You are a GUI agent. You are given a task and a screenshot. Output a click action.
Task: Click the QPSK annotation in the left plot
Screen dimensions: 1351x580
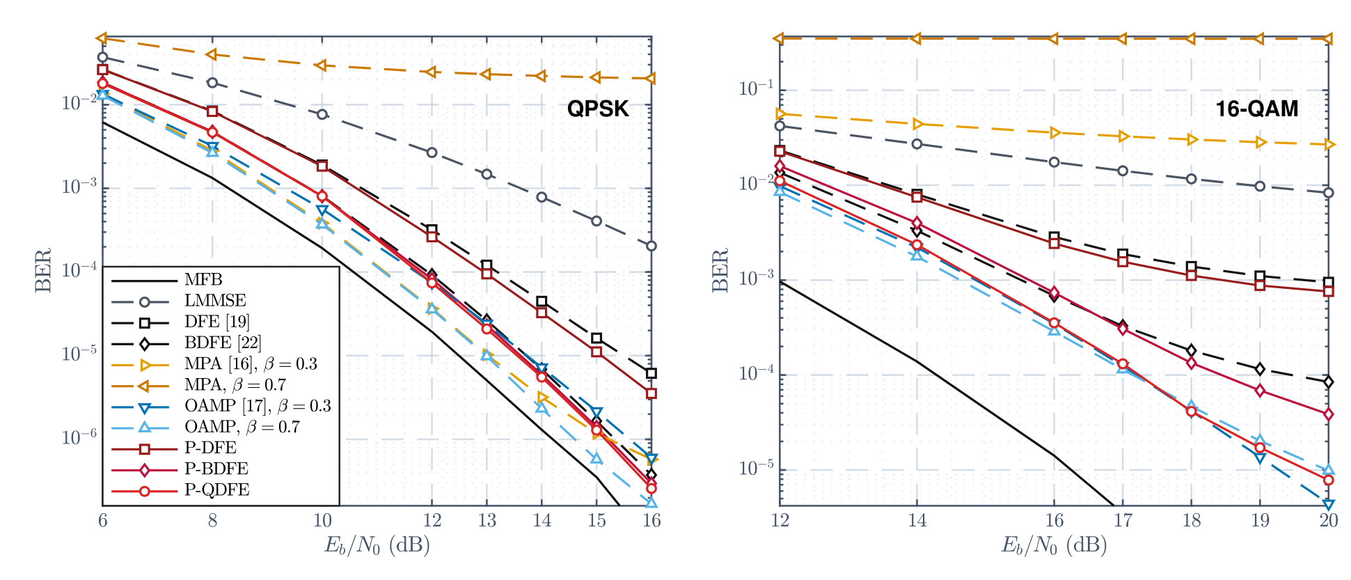click(x=598, y=109)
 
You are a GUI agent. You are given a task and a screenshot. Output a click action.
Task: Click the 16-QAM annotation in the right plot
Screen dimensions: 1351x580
click(x=1257, y=109)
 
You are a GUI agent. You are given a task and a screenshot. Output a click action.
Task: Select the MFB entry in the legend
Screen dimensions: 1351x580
click(x=203, y=280)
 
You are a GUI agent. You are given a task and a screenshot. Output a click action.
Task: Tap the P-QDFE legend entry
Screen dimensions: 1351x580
click(x=216, y=490)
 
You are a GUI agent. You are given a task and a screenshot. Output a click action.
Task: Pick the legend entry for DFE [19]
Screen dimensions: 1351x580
click(x=217, y=322)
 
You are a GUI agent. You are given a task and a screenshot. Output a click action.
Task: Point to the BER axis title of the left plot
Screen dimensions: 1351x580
click(x=43, y=270)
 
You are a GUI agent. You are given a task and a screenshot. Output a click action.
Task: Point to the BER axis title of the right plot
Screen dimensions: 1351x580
click(x=720, y=270)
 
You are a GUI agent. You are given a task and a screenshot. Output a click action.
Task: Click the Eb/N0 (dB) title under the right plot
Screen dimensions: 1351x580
click(x=1054, y=544)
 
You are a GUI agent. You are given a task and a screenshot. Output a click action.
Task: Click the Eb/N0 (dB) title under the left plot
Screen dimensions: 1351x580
click(x=377, y=544)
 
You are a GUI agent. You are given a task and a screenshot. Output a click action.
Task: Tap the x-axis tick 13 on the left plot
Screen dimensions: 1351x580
click(x=487, y=521)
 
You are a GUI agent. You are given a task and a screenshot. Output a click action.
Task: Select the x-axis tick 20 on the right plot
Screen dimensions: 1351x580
click(x=1329, y=521)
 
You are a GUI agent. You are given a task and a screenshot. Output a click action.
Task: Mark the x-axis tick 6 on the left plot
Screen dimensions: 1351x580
click(x=102, y=521)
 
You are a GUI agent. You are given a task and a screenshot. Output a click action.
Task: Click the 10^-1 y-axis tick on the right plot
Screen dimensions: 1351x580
click(x=756, y=88)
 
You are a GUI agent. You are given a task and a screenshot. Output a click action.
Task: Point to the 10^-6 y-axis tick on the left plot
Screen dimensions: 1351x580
click(x=79, y=437)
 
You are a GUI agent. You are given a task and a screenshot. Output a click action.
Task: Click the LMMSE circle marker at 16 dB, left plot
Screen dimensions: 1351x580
click(x=651, y=246)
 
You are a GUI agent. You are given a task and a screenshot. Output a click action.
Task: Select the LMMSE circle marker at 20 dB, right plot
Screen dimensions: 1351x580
click(x=1329, y=193)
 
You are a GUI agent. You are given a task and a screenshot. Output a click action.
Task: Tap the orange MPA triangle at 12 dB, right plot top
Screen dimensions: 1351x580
click(x=780, y=38)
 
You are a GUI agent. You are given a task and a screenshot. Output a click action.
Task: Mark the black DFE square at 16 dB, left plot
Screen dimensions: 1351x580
click(x=651, y=374)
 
